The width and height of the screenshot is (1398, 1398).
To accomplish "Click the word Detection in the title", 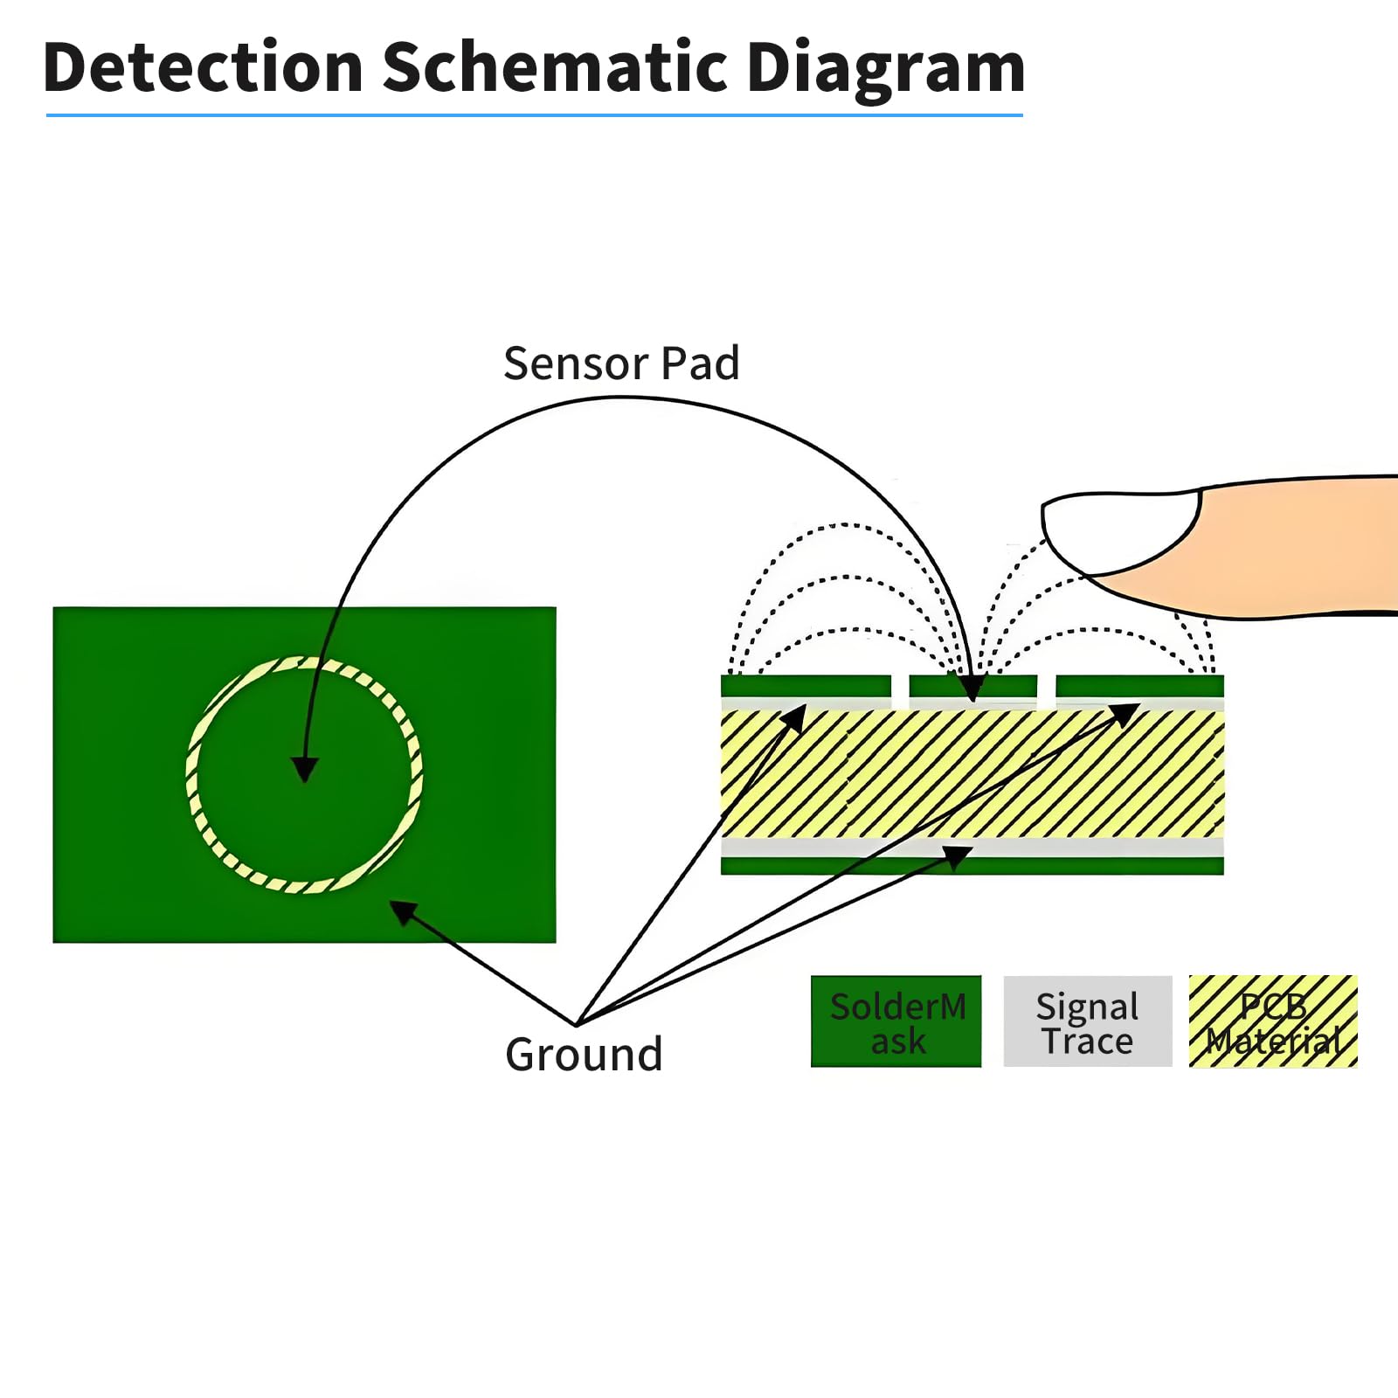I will click(x=203, y=68).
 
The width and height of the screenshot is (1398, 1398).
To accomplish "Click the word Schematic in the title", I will click(x=557, y=68).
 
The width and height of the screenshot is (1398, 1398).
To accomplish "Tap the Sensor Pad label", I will click(x=621, y=363).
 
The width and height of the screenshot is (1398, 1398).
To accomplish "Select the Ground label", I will click(x=584, y=1054).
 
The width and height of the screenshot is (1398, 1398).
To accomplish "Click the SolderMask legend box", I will click(x=896, y=1021).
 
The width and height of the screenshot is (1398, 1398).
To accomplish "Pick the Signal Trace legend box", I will click(x=1087, y=1021).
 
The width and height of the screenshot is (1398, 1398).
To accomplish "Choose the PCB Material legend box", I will click(x=1273, y=1021).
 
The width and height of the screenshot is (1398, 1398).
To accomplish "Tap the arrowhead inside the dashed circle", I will click(x=304, y=769).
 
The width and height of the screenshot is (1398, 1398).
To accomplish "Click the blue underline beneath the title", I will click(x=534, y=114).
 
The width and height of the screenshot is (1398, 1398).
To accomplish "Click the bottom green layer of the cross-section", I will click(x=972, y=866).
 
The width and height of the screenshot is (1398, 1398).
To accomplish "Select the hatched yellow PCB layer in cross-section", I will click(x=972, y=773).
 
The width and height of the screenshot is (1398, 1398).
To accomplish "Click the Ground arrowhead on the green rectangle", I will click(x=401, y=911).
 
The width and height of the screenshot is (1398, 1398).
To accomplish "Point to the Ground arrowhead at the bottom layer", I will click(x=959, y=855).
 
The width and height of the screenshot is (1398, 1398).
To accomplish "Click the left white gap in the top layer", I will click(x=900, y=689).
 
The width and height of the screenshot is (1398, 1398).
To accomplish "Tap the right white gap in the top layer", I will click(x=1046, y=689).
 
